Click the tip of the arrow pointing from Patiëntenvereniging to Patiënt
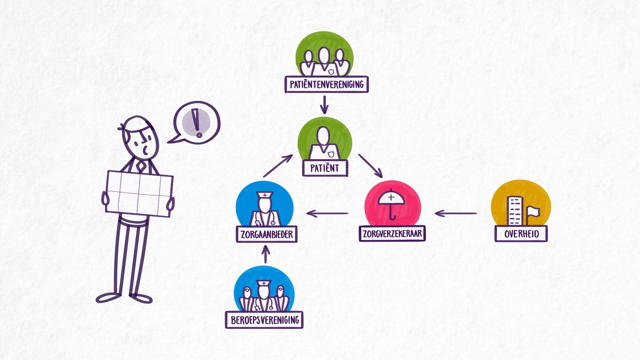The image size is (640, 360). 324,114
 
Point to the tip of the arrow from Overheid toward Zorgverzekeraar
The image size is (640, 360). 435,213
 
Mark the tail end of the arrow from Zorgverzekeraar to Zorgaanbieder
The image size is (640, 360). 348,213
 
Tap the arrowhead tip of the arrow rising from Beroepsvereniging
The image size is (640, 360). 265,246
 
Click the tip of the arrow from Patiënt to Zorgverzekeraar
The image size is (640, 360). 382,177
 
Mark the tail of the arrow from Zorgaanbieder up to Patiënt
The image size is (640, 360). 264,177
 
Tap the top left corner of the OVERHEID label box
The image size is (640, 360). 495,226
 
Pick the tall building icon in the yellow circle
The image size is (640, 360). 515,211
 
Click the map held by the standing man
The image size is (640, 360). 139,193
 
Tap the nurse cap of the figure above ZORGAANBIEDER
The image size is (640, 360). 265,195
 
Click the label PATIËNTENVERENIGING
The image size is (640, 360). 327,84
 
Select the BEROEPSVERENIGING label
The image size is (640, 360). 264,320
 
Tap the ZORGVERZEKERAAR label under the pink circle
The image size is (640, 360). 392,233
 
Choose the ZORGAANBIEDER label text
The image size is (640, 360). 267,234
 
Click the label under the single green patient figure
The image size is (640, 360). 325,168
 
